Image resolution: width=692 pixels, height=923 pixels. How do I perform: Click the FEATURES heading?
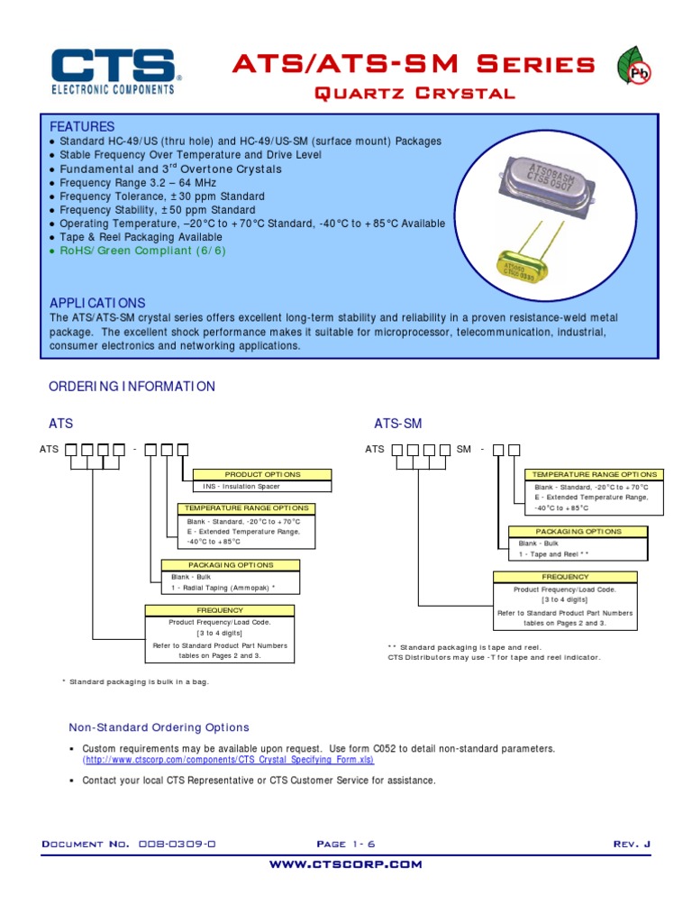(82, 126)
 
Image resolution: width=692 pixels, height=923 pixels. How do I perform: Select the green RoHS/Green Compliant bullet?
(142, 251)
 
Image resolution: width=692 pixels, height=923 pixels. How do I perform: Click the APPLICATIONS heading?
(97, 303)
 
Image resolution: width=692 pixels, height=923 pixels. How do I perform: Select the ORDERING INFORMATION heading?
(132, 387)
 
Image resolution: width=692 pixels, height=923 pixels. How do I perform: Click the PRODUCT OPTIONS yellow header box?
(262, 474)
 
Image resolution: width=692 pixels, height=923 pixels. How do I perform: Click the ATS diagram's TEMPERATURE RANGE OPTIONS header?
(247, 508)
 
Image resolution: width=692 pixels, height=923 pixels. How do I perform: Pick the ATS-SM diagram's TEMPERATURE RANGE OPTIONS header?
(595, 474)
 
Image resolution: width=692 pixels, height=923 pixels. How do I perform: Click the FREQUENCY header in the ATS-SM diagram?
(565, 577)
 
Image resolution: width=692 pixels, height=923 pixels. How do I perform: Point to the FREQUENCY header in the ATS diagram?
(220, 610)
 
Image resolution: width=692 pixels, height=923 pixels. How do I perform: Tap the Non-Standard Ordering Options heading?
(159, 727)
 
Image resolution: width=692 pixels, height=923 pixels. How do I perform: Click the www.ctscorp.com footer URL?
(346, 864)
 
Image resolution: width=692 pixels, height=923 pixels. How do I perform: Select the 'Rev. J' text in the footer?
(631, 844)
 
